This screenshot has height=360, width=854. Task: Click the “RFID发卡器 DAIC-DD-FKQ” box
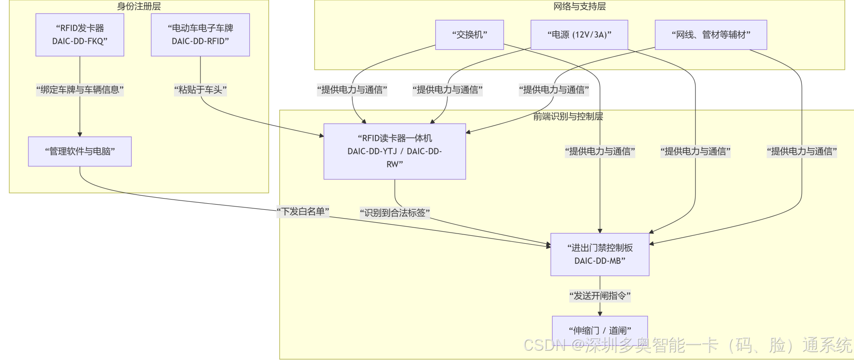[80, 35]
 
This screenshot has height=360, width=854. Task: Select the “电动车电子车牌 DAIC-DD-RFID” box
[200, 35]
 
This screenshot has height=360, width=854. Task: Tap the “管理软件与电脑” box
[80, 151]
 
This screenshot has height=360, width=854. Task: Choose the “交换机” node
[469, 35]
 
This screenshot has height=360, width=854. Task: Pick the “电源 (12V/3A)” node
[579, 35]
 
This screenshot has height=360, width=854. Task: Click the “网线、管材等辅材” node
[710, 35]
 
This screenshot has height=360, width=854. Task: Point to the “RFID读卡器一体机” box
[394, 151]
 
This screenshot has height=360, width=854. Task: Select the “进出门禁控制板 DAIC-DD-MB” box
[600, 254]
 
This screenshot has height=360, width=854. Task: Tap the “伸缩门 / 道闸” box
[600, 330]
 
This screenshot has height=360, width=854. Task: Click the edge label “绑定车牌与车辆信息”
[80, 90]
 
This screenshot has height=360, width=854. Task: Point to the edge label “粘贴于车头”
[200, 90]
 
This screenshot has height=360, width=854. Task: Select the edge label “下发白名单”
[303, 212]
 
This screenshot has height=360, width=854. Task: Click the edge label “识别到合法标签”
[394, 213]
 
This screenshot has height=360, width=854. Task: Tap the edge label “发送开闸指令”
[600, 295]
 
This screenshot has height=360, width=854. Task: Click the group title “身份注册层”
[139, 6]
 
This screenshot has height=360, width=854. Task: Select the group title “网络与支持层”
[579, 6]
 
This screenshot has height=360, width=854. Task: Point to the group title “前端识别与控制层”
[567, 116]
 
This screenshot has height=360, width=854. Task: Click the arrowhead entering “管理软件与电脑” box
[80, 134]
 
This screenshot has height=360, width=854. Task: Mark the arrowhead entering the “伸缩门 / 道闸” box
[600, 313]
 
